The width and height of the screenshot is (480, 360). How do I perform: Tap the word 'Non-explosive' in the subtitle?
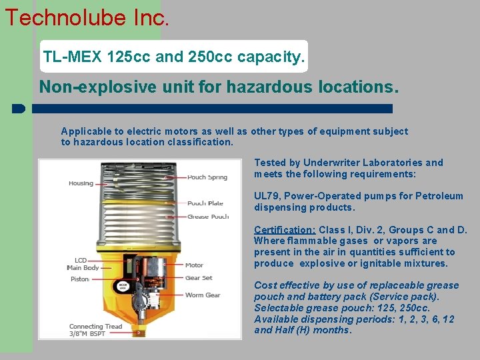80,87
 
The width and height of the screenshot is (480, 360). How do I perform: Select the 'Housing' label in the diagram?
81,183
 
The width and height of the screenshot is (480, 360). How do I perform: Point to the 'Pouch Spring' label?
207,177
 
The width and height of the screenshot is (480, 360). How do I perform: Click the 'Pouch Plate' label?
205,203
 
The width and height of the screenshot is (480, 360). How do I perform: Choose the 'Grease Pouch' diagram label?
207,217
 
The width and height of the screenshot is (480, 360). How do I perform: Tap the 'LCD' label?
80,260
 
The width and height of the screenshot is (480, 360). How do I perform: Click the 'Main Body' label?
83,268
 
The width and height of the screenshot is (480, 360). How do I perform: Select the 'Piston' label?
79,279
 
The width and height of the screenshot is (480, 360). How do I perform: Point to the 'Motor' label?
194,265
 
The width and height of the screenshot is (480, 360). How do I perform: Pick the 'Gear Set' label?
198,278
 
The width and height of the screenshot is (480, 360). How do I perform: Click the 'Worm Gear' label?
202,295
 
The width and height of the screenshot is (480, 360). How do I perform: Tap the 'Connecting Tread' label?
95,327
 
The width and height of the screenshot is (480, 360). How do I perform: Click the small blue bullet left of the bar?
18,108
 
